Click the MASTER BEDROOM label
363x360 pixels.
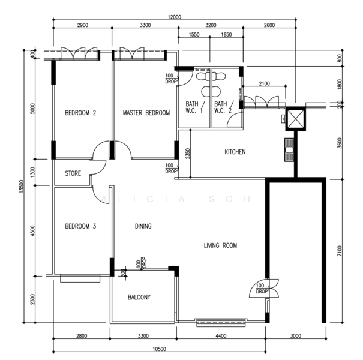tap(146, 113)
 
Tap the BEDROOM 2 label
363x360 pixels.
tap(80, 113)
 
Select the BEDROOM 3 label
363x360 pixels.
tap(80, 226)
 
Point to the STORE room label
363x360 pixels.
tap(73, 173)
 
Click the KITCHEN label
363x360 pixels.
tap(235, 152)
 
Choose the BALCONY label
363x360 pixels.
tap(139, 297)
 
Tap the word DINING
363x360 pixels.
tap(143, 226)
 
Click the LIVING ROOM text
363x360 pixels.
tap(220, 245)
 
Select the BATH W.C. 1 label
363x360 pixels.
tap(194, 107)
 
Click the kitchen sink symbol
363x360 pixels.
tap(289, 150)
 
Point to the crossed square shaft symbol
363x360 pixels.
tap(295, 119)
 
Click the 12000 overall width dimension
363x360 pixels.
tap(175, 17)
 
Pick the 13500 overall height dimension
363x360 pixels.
tap(22, 186)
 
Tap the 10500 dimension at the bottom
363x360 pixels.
tap(159, 349)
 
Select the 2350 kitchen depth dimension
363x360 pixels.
tap(188, 154)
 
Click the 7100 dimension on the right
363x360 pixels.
tap(340, 251)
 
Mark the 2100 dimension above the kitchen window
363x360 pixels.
tap(264, 83)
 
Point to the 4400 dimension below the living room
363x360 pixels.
tap(221, 335)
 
